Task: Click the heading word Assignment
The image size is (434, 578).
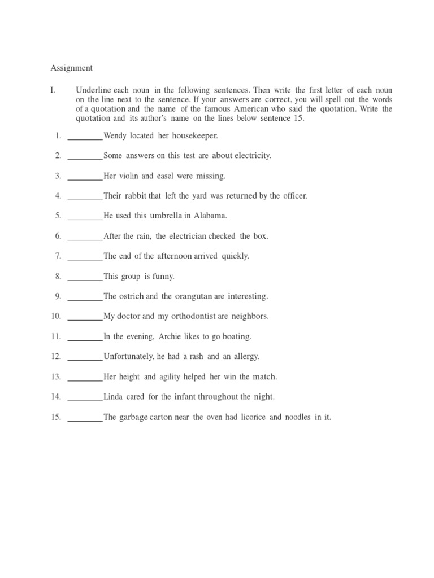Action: [x=71, y=68]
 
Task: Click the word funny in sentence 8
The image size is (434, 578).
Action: [x=164, y=277]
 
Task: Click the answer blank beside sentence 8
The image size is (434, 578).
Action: [x=85, y=277]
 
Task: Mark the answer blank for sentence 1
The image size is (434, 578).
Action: [x=85, y=135]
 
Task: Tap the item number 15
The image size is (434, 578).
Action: [x=55, y=417]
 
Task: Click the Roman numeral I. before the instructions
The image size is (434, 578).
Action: [x=53, y=90]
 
